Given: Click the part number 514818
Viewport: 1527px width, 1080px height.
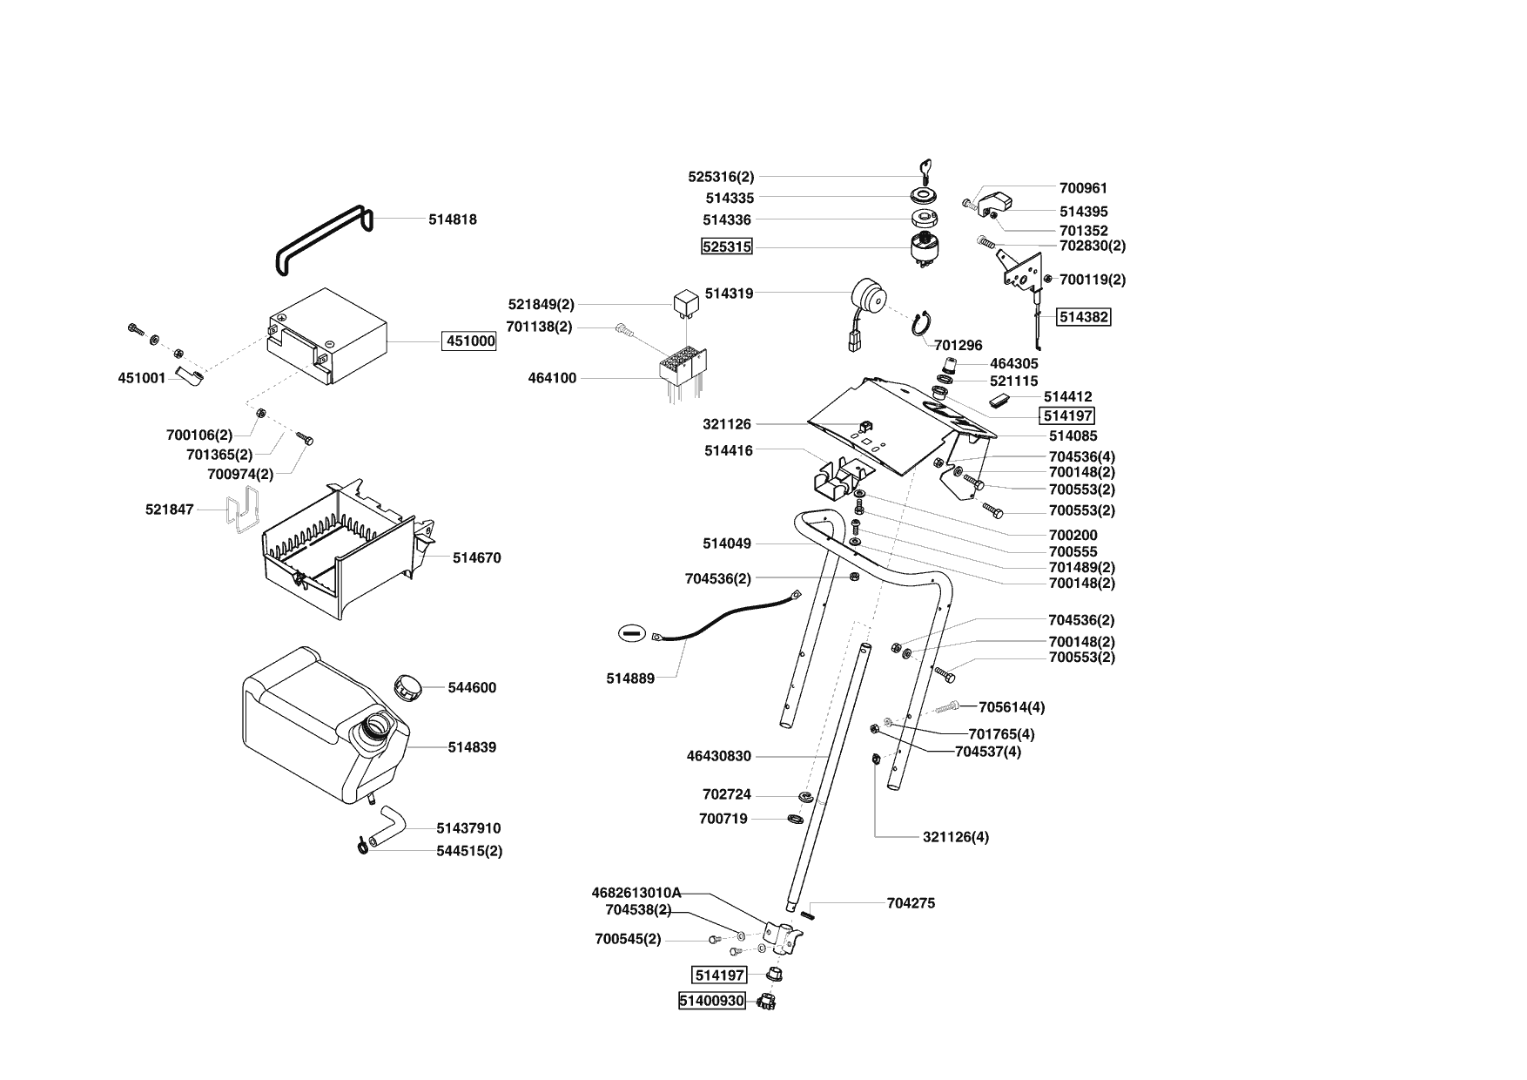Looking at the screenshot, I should point(452,219).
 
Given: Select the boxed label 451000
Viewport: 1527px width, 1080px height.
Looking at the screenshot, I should point(470,341).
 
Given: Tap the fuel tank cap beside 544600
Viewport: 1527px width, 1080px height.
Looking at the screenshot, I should point(407,685).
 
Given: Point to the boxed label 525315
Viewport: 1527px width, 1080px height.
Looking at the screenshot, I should point(727,246).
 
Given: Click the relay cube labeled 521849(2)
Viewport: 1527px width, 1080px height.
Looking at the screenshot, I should point(685,303).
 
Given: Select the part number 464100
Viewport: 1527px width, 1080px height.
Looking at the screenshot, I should point(552,378).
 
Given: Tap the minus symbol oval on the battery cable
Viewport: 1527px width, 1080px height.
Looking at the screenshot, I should point(633,633).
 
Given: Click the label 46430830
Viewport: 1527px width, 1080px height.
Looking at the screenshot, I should point(718,756).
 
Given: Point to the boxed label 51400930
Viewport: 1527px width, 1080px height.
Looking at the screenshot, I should point(712,1001).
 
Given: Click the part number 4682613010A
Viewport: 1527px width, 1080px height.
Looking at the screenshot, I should point(636,893).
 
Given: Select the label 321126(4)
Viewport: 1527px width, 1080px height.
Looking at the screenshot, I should point(956,837).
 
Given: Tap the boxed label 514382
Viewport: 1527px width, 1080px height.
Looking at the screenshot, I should point(1083,317).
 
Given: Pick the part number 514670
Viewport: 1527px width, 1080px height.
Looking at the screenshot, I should point(476,557).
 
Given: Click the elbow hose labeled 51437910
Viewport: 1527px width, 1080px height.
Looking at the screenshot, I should point(387,827).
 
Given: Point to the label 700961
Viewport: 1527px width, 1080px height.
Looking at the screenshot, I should point(1083,187).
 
